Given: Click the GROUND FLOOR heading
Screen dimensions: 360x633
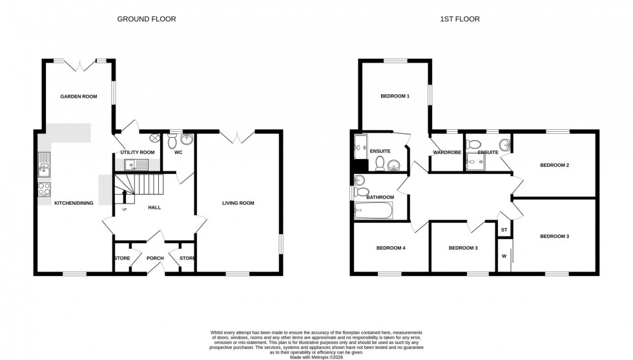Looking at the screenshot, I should coord(147,19).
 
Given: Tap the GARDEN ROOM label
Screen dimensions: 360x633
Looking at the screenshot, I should coord(78,96).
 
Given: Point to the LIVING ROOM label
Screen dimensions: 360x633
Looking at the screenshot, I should coord(238,203).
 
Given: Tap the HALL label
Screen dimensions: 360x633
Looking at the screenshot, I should coord(154,207).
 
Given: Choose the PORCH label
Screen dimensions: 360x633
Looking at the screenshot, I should coord(155,259).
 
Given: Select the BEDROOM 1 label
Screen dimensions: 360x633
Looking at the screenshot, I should coord(395,96).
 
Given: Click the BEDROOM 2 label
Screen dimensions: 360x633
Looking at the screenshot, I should coord(554,165).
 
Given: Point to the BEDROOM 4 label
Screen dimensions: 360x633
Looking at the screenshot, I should coord(391,248).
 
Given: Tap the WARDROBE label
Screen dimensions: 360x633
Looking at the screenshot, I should coord(445,153).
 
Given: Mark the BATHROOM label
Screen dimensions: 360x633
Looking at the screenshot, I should coord(380,196).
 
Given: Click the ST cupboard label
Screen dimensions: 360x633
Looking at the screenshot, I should coord(504,229).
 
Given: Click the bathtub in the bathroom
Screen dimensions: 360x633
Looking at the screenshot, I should coord(373,211).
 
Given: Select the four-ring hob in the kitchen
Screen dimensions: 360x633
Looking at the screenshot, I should coord(45,189).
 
